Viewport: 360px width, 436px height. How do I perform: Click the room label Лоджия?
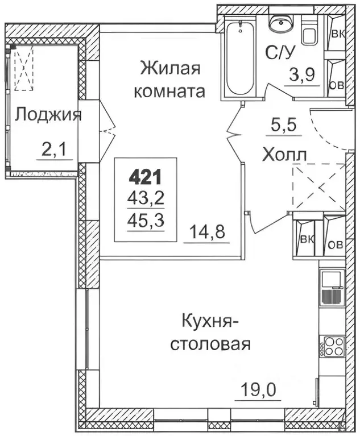coord(48,115)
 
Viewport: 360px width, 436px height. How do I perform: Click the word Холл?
coord(285,154)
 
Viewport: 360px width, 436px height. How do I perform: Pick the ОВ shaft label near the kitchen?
coord(336,245)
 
